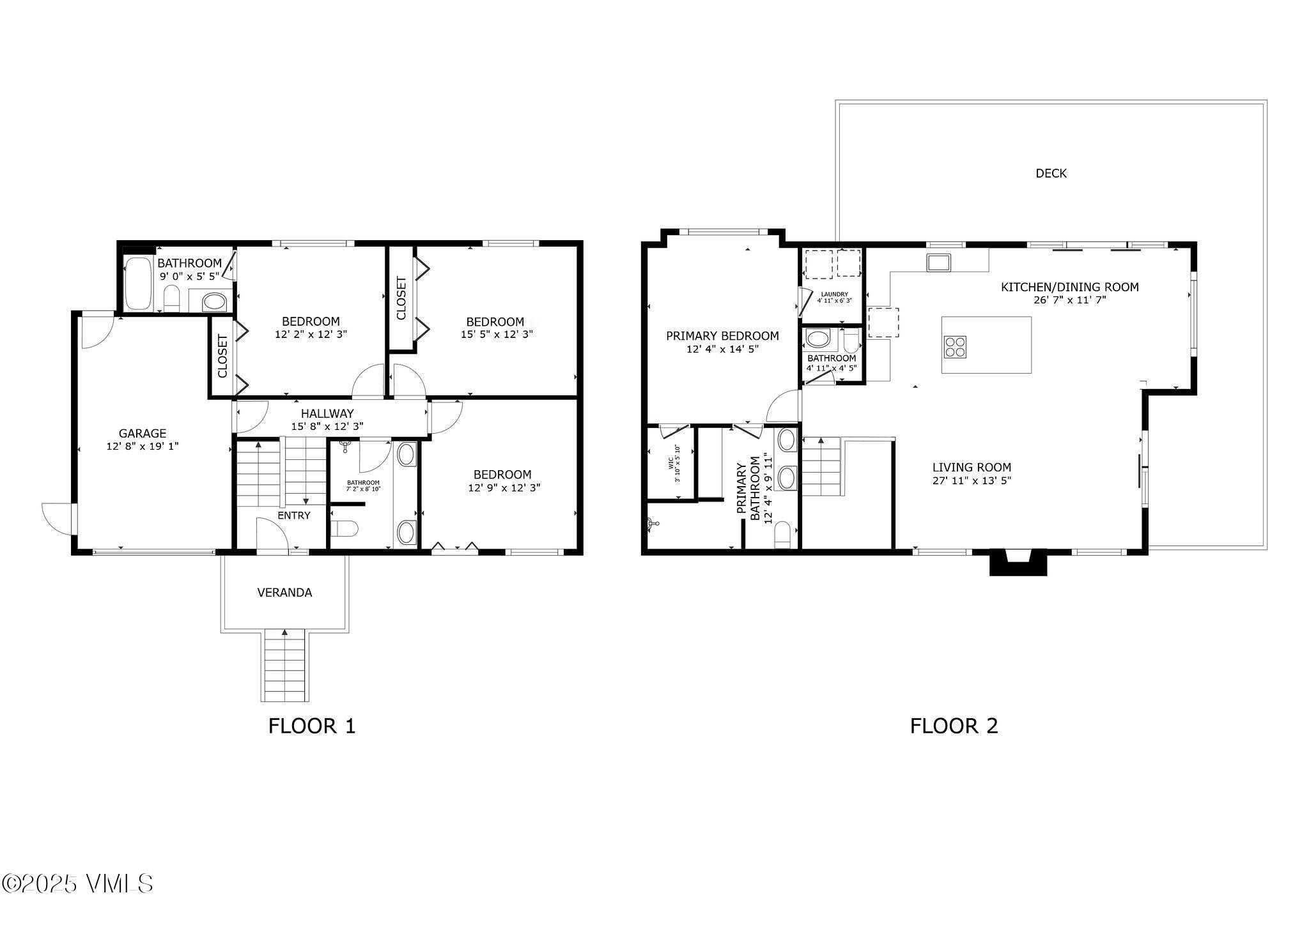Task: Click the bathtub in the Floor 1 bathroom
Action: click(x=137, y=283)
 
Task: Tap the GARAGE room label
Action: click(x=142, y=433)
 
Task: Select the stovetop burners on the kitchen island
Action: click(x=956, y=346)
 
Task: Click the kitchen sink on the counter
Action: click(x=939, y=262)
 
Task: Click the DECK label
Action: click(x=1051, y=173)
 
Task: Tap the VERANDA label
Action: click(x=284, y=593)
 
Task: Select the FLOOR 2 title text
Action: click(x=954, y=726)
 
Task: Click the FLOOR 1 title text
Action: click(x=311, y=726)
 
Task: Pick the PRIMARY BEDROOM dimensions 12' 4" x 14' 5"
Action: click(x=722, y=349)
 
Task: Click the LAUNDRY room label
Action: click(x=834, y=294)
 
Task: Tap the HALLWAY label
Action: click(x=327, y=414)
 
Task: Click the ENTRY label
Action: click(x=294, y=516)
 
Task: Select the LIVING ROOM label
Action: click(x=972, y=468)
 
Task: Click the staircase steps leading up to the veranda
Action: click(x=284, y=668)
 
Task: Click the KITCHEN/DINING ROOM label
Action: click(x=1069, y=287)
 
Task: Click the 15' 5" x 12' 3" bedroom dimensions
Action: click(x=497, y=334)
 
